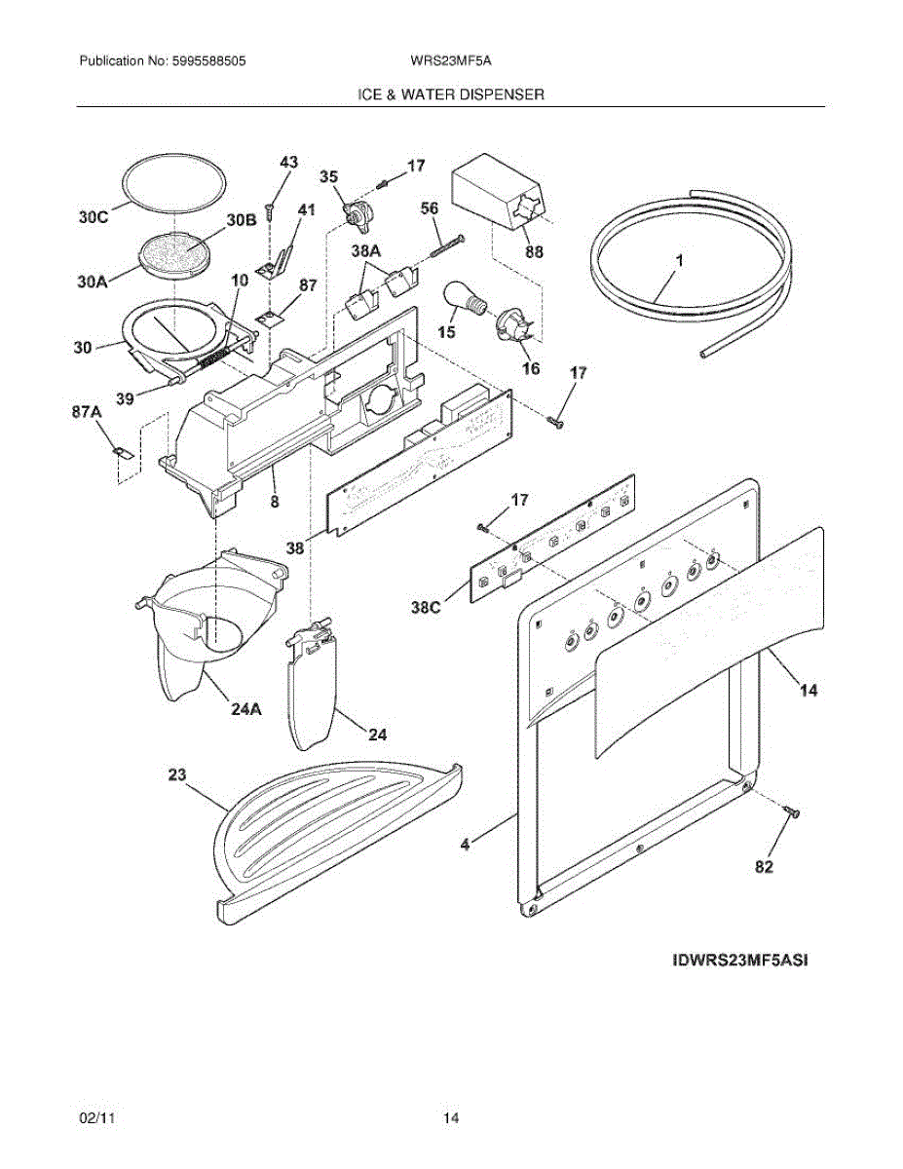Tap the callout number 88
534,252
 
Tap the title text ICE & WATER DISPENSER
451,94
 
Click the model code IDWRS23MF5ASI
740,960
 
